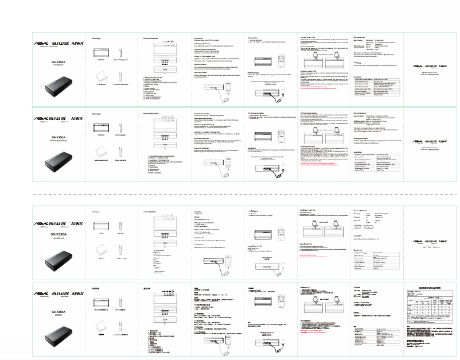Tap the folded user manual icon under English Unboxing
pos(101,76)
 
